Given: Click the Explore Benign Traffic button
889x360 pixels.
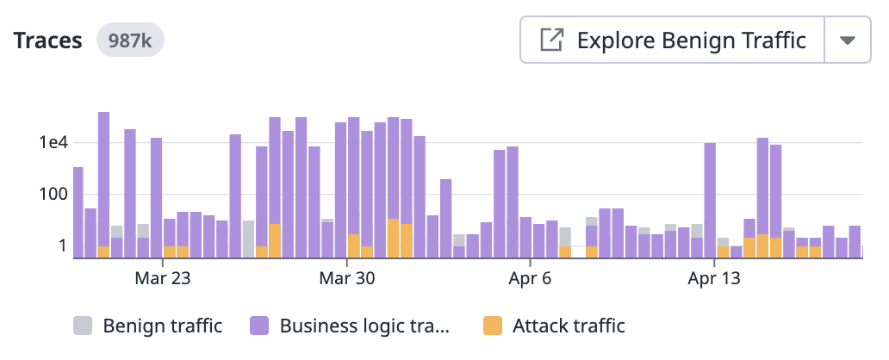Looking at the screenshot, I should (x=672, y=40).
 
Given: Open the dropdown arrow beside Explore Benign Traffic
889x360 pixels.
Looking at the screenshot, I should (x=848, y=40).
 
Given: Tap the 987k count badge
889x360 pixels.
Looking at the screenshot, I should (x=130, y=40).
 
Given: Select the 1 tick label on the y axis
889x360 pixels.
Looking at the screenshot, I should (x=61, y=245).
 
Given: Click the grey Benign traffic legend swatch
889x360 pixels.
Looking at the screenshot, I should (x=83, y=326).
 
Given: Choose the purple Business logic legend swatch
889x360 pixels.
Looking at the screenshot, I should (x=260, y=326).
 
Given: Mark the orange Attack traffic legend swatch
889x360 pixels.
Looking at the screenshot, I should (x=493, y=326).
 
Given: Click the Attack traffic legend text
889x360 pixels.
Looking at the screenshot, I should (x=569, y=326).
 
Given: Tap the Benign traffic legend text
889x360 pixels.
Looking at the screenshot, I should (x=162, y=326).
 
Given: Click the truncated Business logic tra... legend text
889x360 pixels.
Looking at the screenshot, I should (x=365, y=326).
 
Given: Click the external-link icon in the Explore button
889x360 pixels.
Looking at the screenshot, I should (x=551, y=40).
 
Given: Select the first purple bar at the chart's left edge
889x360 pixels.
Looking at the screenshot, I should (x=78, y=212).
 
